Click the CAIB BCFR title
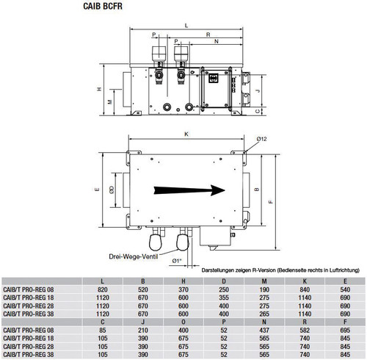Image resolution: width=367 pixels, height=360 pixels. tap(103, 6)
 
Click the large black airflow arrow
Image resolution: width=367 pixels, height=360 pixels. tap(189, 190)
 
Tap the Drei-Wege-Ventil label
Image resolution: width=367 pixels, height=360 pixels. tap(134, 256)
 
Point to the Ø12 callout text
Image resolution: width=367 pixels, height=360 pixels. tap(261, 139)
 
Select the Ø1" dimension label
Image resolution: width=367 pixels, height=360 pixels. tap(177, 261)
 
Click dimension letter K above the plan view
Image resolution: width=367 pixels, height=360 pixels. tap(186, 134)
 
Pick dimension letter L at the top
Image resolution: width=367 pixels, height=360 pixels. tap(186, 26)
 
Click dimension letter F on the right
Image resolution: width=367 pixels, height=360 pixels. tap(271, 202)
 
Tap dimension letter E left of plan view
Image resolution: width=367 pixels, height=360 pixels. tap(98, 190)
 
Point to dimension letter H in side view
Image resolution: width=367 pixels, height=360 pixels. tap(99, 89)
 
